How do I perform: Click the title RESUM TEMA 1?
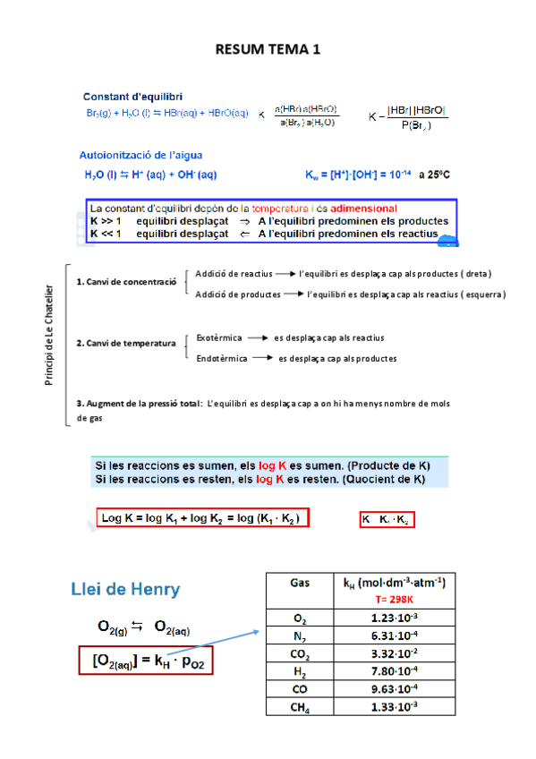coord(268,50)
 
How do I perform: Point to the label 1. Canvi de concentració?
coord(126,282)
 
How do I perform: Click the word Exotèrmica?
coord(218,337)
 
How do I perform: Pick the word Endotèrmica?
coord(222,358)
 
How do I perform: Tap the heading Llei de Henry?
coord(125,589)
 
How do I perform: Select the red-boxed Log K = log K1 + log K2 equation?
coord(202,519)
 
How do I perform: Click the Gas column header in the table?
coord(300,582)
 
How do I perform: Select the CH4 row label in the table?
coord(300,707)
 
